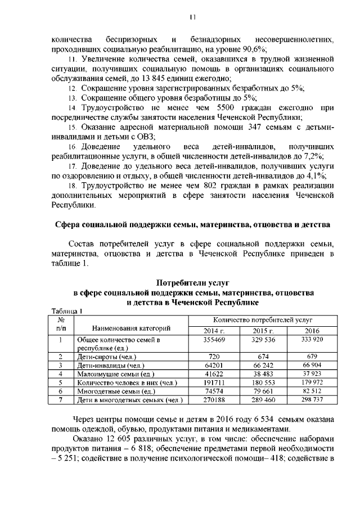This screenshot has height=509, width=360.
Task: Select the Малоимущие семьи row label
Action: [115, 374]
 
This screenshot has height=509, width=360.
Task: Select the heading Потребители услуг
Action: [192, 282]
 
